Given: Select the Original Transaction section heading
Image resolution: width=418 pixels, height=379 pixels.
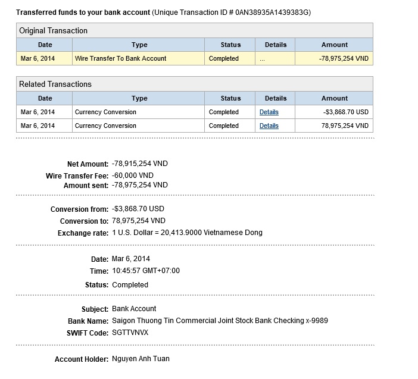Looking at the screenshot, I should pos(53,30).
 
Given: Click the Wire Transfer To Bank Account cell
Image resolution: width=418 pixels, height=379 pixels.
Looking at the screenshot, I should pos(120,58).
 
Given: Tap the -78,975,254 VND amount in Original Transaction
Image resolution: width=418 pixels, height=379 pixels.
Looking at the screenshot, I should pos(335,58).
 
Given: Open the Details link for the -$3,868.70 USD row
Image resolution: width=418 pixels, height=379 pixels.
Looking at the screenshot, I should pos(269,112).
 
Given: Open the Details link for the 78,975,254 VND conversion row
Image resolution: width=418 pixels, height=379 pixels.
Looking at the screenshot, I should pos(269,126).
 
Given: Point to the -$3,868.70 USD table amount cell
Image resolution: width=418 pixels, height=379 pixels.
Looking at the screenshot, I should pos(346,112).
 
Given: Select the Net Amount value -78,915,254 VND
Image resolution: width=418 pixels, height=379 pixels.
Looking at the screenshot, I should pos(140,164).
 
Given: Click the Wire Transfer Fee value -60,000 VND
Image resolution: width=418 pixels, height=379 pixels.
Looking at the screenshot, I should pos(133,176).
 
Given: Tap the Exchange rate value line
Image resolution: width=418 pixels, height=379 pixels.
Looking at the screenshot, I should pos(187,233).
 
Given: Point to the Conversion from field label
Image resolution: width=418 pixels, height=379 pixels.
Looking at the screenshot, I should pos(79,209).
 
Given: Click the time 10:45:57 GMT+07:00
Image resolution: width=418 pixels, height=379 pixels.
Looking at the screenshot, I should pos(145,271).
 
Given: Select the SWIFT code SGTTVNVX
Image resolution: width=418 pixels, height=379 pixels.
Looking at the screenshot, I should pos(130,332).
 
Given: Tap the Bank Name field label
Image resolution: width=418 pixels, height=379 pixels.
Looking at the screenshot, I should pos(89,321).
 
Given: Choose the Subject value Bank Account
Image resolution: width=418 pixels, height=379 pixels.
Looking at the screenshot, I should pos(134,309).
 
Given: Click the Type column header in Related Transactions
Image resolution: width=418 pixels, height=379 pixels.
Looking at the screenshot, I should pos(139,98).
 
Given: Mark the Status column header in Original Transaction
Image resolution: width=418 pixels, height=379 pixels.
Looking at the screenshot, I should pos(230,45).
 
